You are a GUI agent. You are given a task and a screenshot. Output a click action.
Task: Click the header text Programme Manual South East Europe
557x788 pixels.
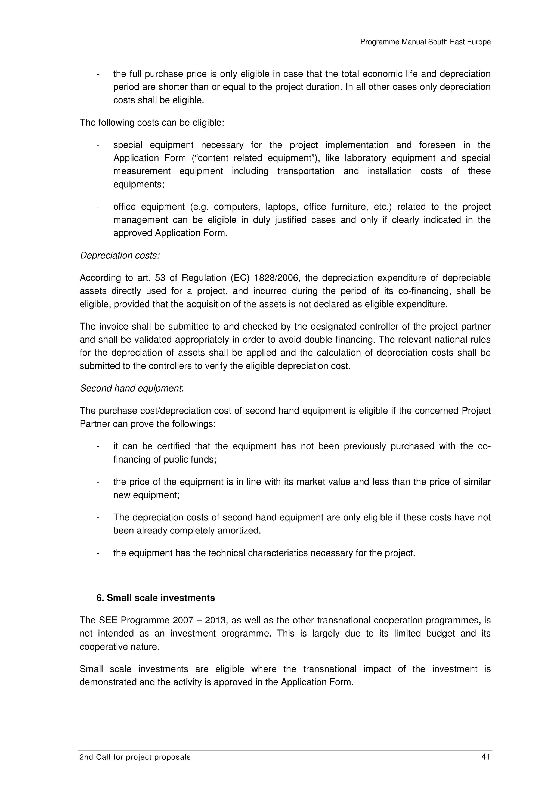(x=425, y=42)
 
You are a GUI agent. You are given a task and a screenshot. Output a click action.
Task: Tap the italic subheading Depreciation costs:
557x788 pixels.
(x=120, y=255)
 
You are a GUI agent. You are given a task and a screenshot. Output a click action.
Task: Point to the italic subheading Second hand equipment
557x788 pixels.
(x=131, y=388)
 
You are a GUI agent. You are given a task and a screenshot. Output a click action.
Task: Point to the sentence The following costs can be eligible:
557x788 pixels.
(x=152, y=123)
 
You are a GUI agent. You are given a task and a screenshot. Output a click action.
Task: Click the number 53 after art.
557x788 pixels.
(x=160, y=278)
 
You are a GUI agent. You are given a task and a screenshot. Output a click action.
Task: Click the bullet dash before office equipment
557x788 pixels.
(x=98, y=207)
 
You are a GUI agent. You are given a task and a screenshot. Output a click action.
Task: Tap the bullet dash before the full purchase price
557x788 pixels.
(x=98, y=74)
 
